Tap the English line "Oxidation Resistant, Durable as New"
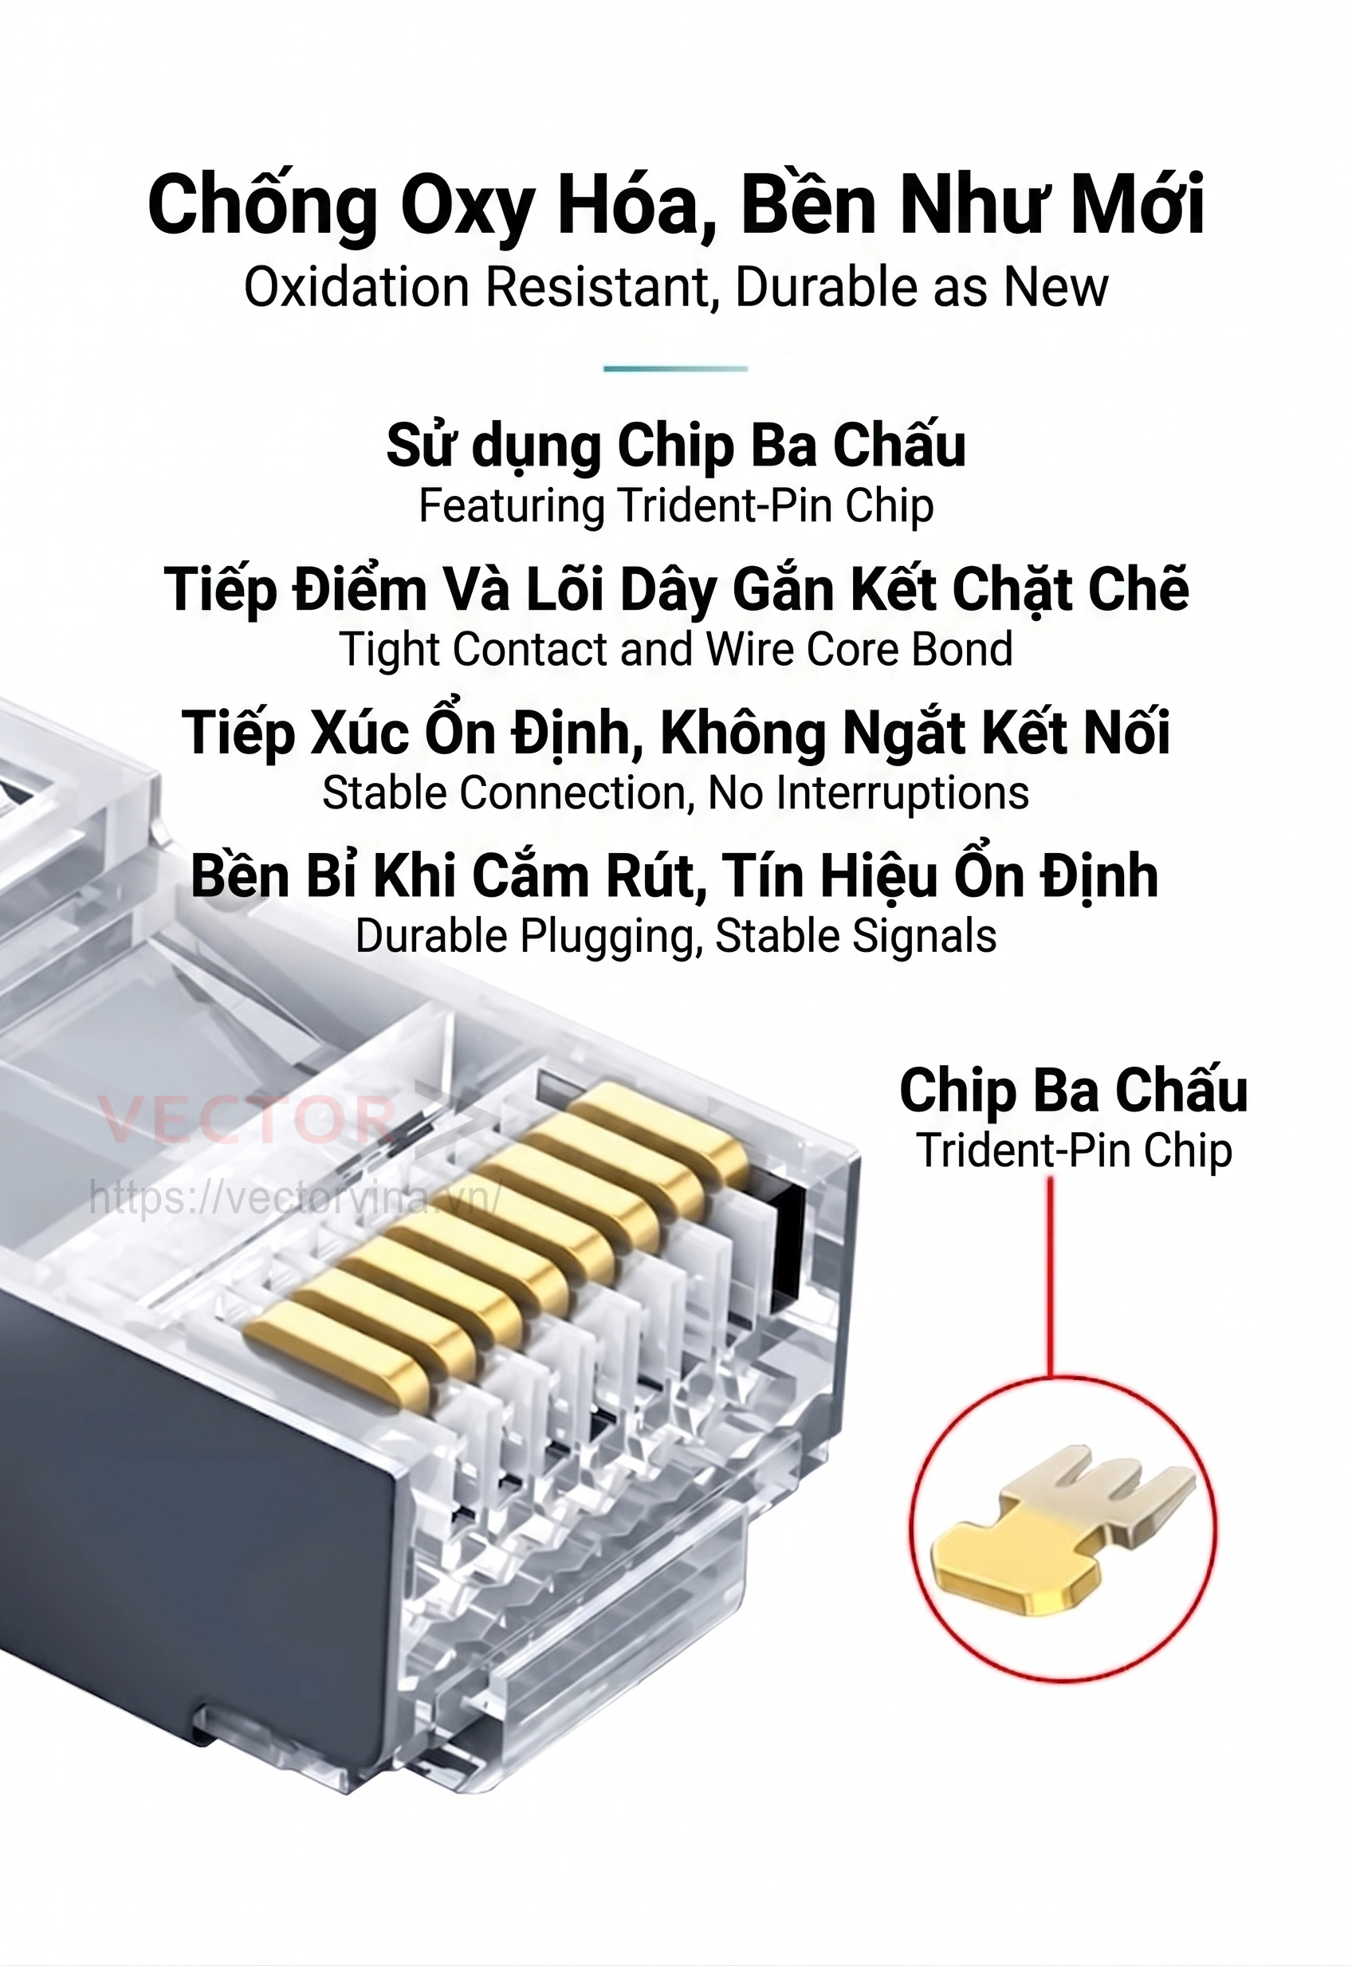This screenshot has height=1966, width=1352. tap(675, 288)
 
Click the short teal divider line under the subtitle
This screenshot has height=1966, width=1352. tap(675, 368)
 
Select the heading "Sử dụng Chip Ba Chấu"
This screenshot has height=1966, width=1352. tap(675, 445)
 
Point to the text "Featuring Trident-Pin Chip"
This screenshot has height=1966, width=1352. tap(675, 505)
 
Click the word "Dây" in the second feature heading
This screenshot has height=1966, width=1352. tap(668, 591)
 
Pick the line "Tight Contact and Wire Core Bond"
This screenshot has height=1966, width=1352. tap(675, 650)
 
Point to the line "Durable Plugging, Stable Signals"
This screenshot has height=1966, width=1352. tap(675, 937)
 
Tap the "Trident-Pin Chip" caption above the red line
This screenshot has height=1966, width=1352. tap(1072, 1151)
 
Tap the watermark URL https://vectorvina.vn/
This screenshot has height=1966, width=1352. tap(297, 1197)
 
